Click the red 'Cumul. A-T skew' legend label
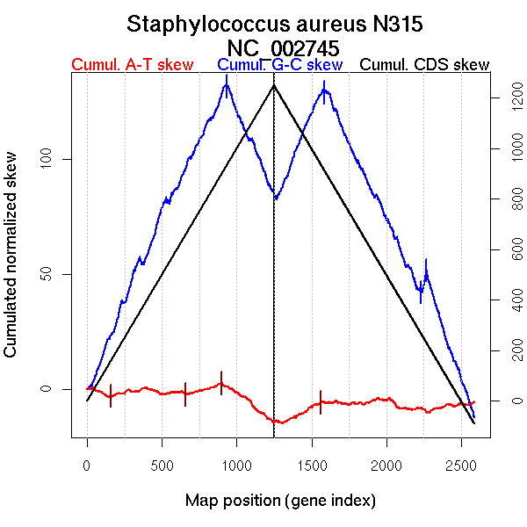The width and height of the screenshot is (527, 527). pyautogui.click(x=132, y=65)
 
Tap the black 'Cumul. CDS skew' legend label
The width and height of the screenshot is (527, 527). pyautogui.click(x=425, y=65)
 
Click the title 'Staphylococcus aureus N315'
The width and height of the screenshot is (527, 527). pyautogui.click(x=276, y=24)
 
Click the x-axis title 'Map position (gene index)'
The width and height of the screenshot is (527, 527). pyautogui.click(x=280, y=501)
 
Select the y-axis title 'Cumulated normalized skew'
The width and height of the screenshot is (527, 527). pyautogui.click(x=11, y=264)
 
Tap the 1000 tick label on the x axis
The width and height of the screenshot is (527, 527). pyautogui.click(x=236, y=465)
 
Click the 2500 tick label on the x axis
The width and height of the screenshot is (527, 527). pyautogui.click(x=461, y=465)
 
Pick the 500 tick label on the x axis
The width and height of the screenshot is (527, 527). pyautogui.click(x=162, y=465)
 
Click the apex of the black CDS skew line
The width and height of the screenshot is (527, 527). pyautogui.click(x=274, y=85)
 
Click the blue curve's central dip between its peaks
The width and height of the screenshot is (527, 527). pyautogui.click(x=276, y=199)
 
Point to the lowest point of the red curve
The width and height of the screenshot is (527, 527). pyautogui.click(x=279, y=422)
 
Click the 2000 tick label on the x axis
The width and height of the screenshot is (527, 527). pyautogui.click(x=386, y=465)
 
